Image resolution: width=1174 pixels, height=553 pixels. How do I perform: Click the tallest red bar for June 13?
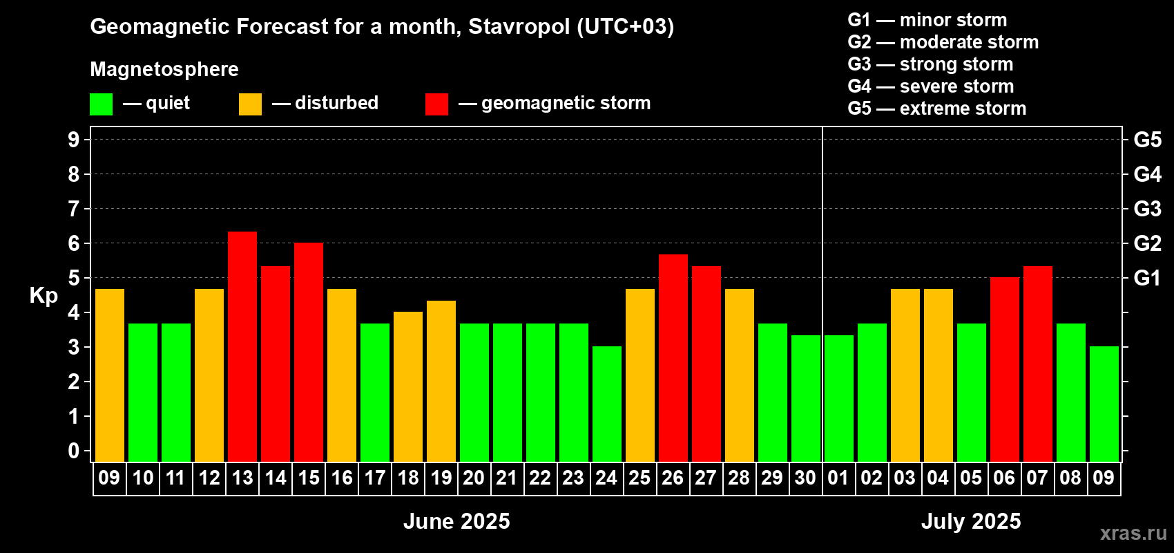[242, 346]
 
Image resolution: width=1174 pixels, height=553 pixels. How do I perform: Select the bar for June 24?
[607, 404]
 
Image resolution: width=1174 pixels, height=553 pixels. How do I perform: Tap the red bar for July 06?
[1005, 369]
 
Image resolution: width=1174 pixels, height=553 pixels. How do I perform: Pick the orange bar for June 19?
[441, 381]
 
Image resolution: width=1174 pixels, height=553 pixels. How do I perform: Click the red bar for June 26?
[673, 358]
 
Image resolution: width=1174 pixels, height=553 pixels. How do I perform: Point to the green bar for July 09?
[1104, 404]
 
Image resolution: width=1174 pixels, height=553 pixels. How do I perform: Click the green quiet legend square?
[101, 104]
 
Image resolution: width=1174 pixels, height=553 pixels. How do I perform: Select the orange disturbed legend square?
[250, 104]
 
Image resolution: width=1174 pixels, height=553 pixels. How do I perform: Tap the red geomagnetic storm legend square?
[437, 104]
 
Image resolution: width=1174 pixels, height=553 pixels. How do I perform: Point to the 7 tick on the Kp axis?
[73, 209]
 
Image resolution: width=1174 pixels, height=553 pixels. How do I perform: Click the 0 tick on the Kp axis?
[73, 451]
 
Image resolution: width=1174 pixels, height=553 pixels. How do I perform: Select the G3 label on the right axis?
[1148, 209]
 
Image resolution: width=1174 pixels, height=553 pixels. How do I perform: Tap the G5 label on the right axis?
[1148, 140]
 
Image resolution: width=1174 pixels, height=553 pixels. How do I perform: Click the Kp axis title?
[44, 296]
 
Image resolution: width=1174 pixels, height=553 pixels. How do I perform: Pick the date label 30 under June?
[805, 478]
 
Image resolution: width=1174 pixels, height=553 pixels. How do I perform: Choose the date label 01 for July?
[838, 478]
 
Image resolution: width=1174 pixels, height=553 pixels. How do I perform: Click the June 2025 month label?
[456, 521]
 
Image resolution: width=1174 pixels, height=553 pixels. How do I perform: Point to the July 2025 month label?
[971, 521]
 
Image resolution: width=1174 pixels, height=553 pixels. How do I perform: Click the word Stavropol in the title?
[519, 27]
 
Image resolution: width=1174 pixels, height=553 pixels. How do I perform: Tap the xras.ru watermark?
[1134, 533]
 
